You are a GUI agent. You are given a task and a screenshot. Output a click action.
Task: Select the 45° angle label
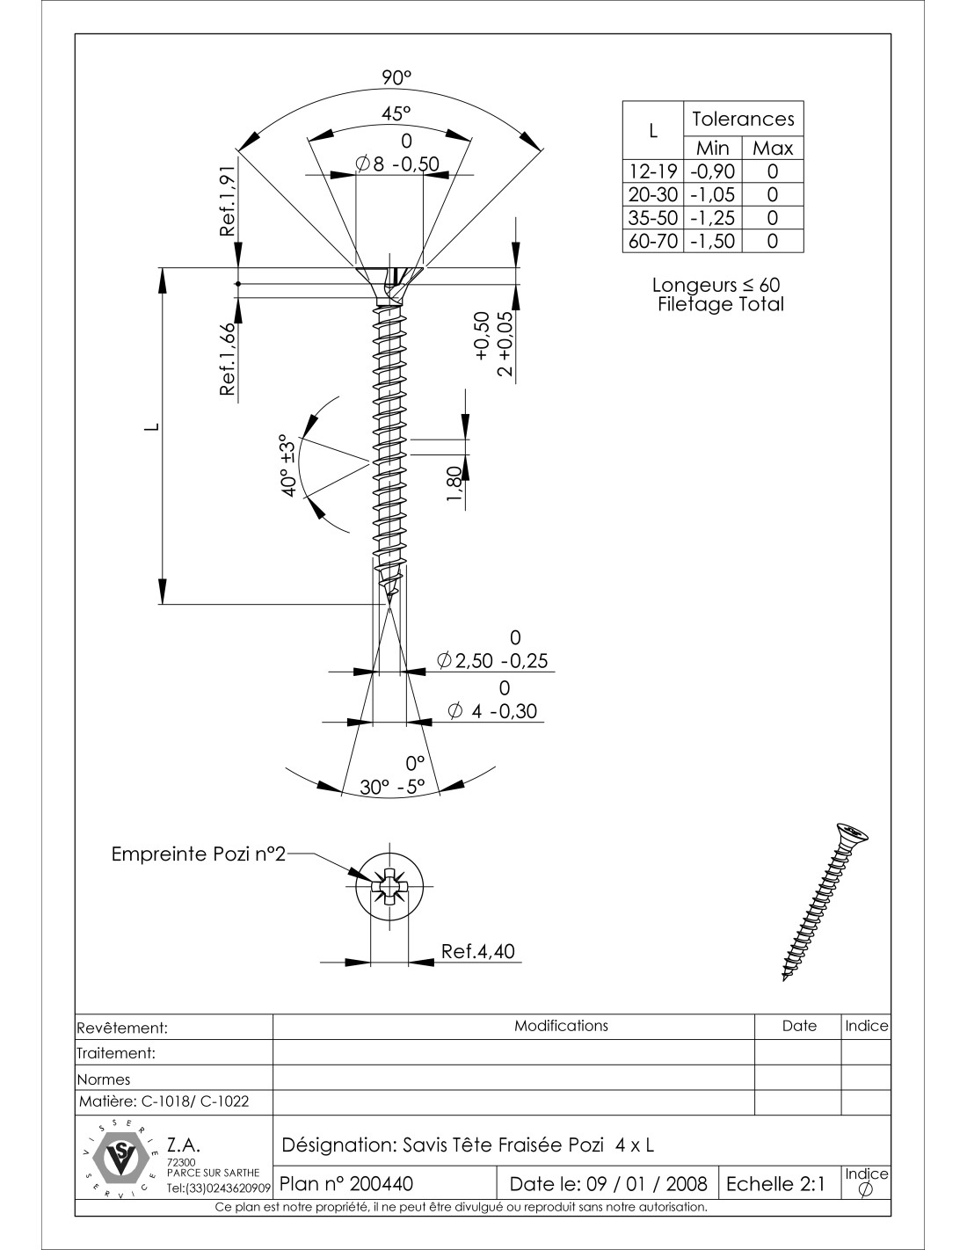tap(396, 113)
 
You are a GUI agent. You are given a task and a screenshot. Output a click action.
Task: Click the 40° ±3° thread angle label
tap(288, 465)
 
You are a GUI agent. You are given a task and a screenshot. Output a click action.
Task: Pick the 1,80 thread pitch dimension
tap(454, 485)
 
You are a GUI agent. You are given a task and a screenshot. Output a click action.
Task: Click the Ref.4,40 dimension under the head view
tap(478, 951)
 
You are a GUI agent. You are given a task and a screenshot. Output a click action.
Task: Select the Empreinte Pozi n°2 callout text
tap(199, 854)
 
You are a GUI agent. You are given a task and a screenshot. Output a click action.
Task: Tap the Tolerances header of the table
tap(743, 119)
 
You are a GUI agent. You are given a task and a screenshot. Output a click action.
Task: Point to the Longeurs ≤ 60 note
tap(716, 285)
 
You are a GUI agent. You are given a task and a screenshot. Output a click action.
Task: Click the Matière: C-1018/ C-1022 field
tap(164, 1101)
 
